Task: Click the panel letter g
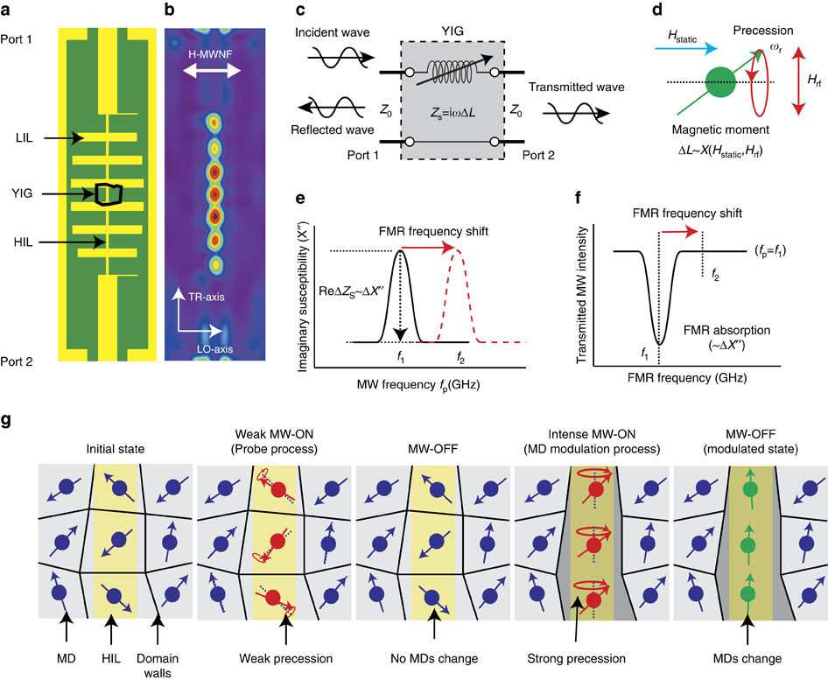pos(7,420)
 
